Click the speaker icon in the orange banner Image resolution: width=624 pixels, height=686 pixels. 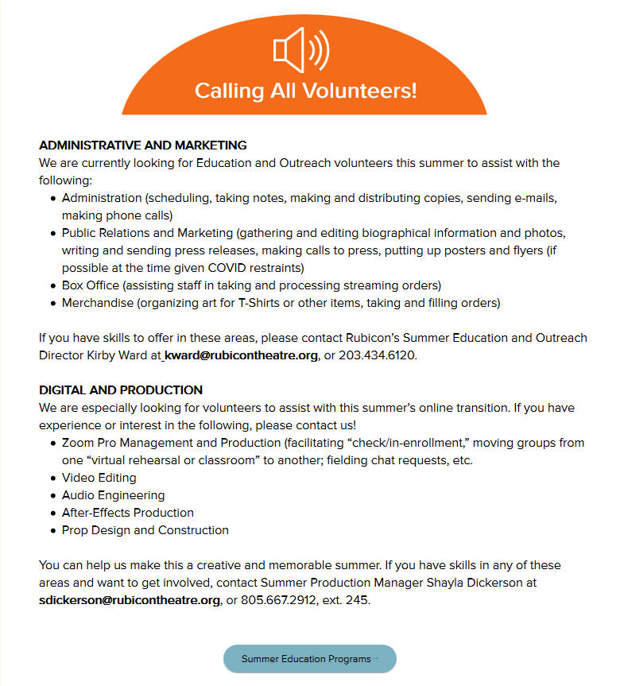click(301, 50)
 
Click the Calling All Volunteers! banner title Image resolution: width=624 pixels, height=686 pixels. click(305, 90)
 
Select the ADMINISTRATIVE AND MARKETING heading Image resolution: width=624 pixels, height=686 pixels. click(143, 145)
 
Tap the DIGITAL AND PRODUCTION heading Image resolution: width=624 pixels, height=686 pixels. click(121, 390)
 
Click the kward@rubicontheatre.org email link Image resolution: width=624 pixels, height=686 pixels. click(242, 355)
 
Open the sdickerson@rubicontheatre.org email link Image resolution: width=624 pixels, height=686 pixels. click(130, 600)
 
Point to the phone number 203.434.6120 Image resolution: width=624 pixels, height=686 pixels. click(377, 355)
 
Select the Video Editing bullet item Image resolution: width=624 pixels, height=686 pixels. click(99, 478)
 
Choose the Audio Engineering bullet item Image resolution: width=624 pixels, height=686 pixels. click(113, 495)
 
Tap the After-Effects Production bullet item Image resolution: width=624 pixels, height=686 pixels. click(127, 513)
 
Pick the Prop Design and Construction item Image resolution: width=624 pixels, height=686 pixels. click(145, 530)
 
